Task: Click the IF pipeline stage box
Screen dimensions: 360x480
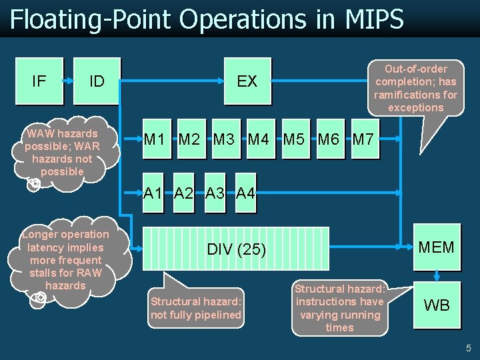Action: point(39,81)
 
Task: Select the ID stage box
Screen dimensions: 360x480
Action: point(97,81)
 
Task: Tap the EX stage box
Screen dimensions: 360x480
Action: point(247,81)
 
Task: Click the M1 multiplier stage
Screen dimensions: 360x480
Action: point(155,140)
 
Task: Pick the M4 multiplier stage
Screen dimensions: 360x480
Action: point(259,140)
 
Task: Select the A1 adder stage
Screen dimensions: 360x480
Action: point(154,193)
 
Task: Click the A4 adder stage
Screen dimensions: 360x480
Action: point(245,193)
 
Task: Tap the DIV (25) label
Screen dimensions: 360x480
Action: point(236,249)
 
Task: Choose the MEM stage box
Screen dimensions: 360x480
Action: point(437,247)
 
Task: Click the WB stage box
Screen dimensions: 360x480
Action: point(437,305)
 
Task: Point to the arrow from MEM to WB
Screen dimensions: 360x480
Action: point(437,275)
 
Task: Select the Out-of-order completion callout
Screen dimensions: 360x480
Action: point(415,88)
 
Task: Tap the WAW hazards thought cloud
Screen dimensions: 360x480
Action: point(63,153)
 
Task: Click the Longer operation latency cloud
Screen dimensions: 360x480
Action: point(65,259)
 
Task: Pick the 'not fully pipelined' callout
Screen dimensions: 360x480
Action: point(196,308)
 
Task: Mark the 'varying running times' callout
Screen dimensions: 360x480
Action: point(339,308)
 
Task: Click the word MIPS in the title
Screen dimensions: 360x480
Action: point(375,19)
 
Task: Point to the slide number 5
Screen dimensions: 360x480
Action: point(468,348)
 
